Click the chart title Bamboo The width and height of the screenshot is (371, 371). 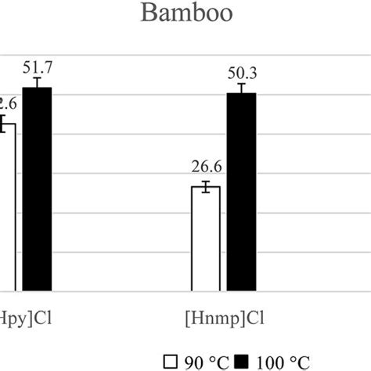click(x=185, y=15)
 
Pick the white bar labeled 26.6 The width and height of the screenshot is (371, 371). click(x=206, y=239)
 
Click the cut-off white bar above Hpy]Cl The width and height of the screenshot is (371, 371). click(x=7, y=207)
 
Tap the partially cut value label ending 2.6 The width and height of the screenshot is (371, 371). click(x=8, y=101)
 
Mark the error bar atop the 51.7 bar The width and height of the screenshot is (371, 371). click(x=37, y=83)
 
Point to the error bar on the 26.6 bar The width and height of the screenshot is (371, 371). click(x=206, y=186)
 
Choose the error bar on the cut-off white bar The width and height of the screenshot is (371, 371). click(x=3, y=123)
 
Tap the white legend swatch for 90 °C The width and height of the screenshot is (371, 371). click(x=170, y=360)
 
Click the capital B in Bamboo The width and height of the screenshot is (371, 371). click(x=148, y=15)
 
